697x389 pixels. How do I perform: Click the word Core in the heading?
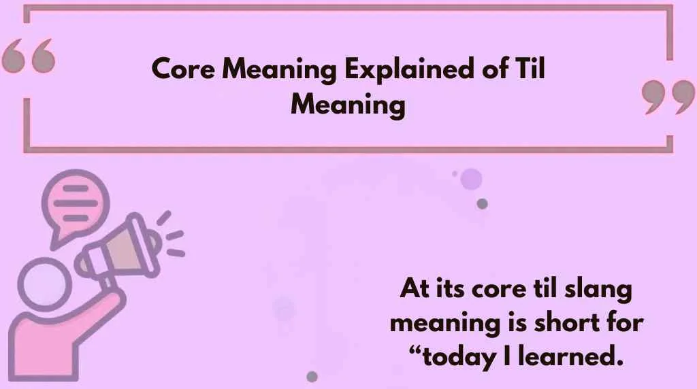coord(179,70)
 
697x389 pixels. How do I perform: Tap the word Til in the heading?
coord(529,70)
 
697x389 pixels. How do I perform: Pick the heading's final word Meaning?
coord(347,105)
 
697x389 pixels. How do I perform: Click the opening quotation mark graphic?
coord(28,56)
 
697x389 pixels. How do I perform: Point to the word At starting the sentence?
coord(413,290)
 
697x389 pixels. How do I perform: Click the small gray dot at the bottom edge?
coord(312,376)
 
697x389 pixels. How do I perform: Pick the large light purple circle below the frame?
coord(470,179)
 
